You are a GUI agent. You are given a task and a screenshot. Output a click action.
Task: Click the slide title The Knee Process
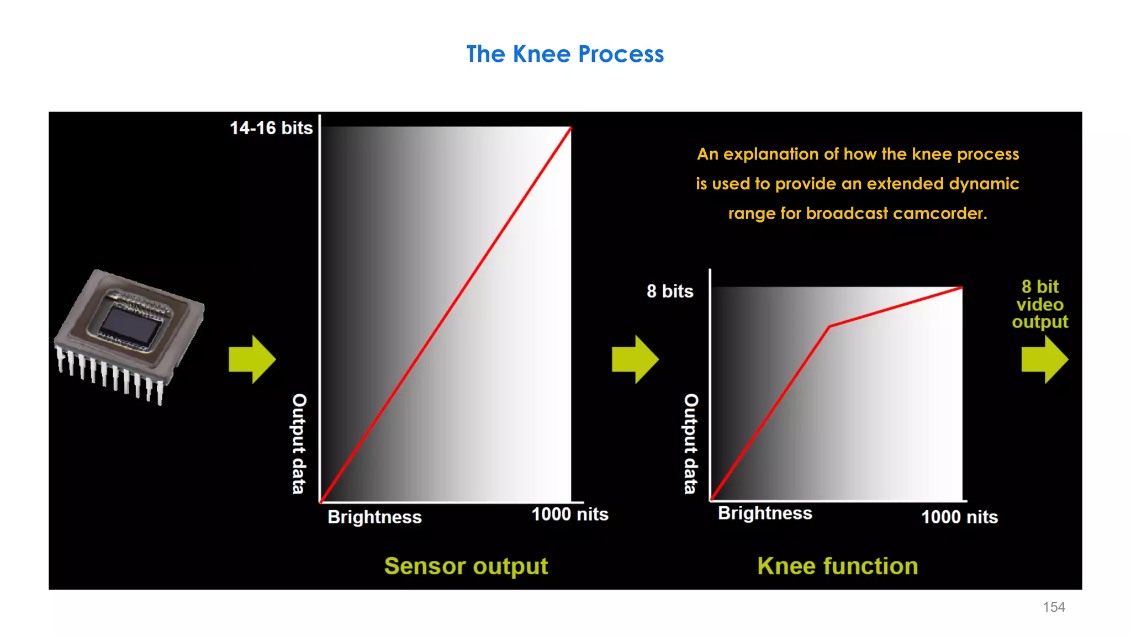point(565,54)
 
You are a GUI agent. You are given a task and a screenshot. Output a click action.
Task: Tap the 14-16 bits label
point(271,128)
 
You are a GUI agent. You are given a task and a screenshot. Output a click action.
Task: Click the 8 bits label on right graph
point(669,291)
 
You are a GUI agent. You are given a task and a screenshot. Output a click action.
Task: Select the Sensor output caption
point(466,566)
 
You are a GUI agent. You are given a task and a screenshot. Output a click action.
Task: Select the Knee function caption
point(837,566)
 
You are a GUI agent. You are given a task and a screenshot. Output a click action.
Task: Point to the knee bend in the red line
point(829,327)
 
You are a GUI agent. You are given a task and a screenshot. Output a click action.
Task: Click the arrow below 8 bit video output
point(1044,359)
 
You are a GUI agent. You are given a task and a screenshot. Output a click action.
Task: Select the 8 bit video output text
point(1039,304)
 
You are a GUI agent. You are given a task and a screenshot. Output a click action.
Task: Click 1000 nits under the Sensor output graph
point(569,515)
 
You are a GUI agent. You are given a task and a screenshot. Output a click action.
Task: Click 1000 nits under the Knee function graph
point(959,517)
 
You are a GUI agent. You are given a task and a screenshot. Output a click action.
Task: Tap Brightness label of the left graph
point(374,517)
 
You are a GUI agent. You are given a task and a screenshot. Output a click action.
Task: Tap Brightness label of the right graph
point(765,513)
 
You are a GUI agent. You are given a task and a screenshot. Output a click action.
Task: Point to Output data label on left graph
point(299,443)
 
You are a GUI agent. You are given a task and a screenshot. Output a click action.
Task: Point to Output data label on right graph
point(691,443)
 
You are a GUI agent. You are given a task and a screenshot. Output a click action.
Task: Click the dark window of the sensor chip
point(129,326)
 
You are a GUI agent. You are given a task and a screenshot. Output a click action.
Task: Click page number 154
point(1053,607)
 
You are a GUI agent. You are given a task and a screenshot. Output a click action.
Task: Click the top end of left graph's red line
point(570,128)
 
